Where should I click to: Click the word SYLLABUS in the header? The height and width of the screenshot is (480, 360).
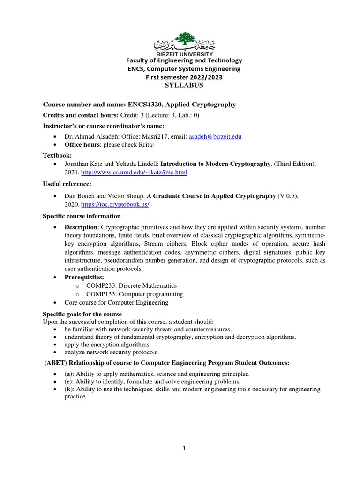coord(184,85)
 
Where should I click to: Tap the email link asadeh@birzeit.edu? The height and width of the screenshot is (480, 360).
coord(215,136)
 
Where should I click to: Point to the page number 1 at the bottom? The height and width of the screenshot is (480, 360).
coord(184,448)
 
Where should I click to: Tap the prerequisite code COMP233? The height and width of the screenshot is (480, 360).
coord(100,285)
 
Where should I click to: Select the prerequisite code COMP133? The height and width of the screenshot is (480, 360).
coord(100,294)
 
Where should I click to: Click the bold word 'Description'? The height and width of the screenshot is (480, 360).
coord(84,227)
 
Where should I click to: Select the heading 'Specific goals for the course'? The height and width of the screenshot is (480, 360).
coord(82,314)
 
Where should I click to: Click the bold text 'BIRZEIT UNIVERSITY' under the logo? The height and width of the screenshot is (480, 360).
coord(184,55)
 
